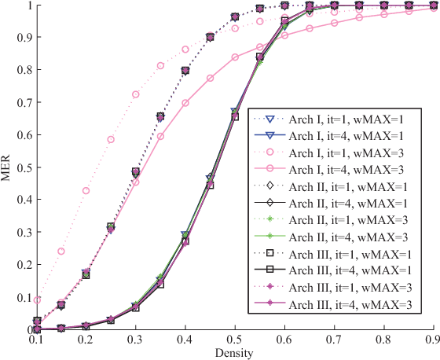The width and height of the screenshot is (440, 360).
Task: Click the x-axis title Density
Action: [234, 352]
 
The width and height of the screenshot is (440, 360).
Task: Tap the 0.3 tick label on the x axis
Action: [135, 339]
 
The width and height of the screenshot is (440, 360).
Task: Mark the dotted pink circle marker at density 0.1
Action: [36, 300]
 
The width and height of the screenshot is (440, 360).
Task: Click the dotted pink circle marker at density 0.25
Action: [111, 140]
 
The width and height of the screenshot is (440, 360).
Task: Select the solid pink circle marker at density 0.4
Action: [185, 103]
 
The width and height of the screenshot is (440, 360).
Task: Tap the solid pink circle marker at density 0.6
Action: [284, 35]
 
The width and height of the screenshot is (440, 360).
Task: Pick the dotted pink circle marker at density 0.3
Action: [135, 94]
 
